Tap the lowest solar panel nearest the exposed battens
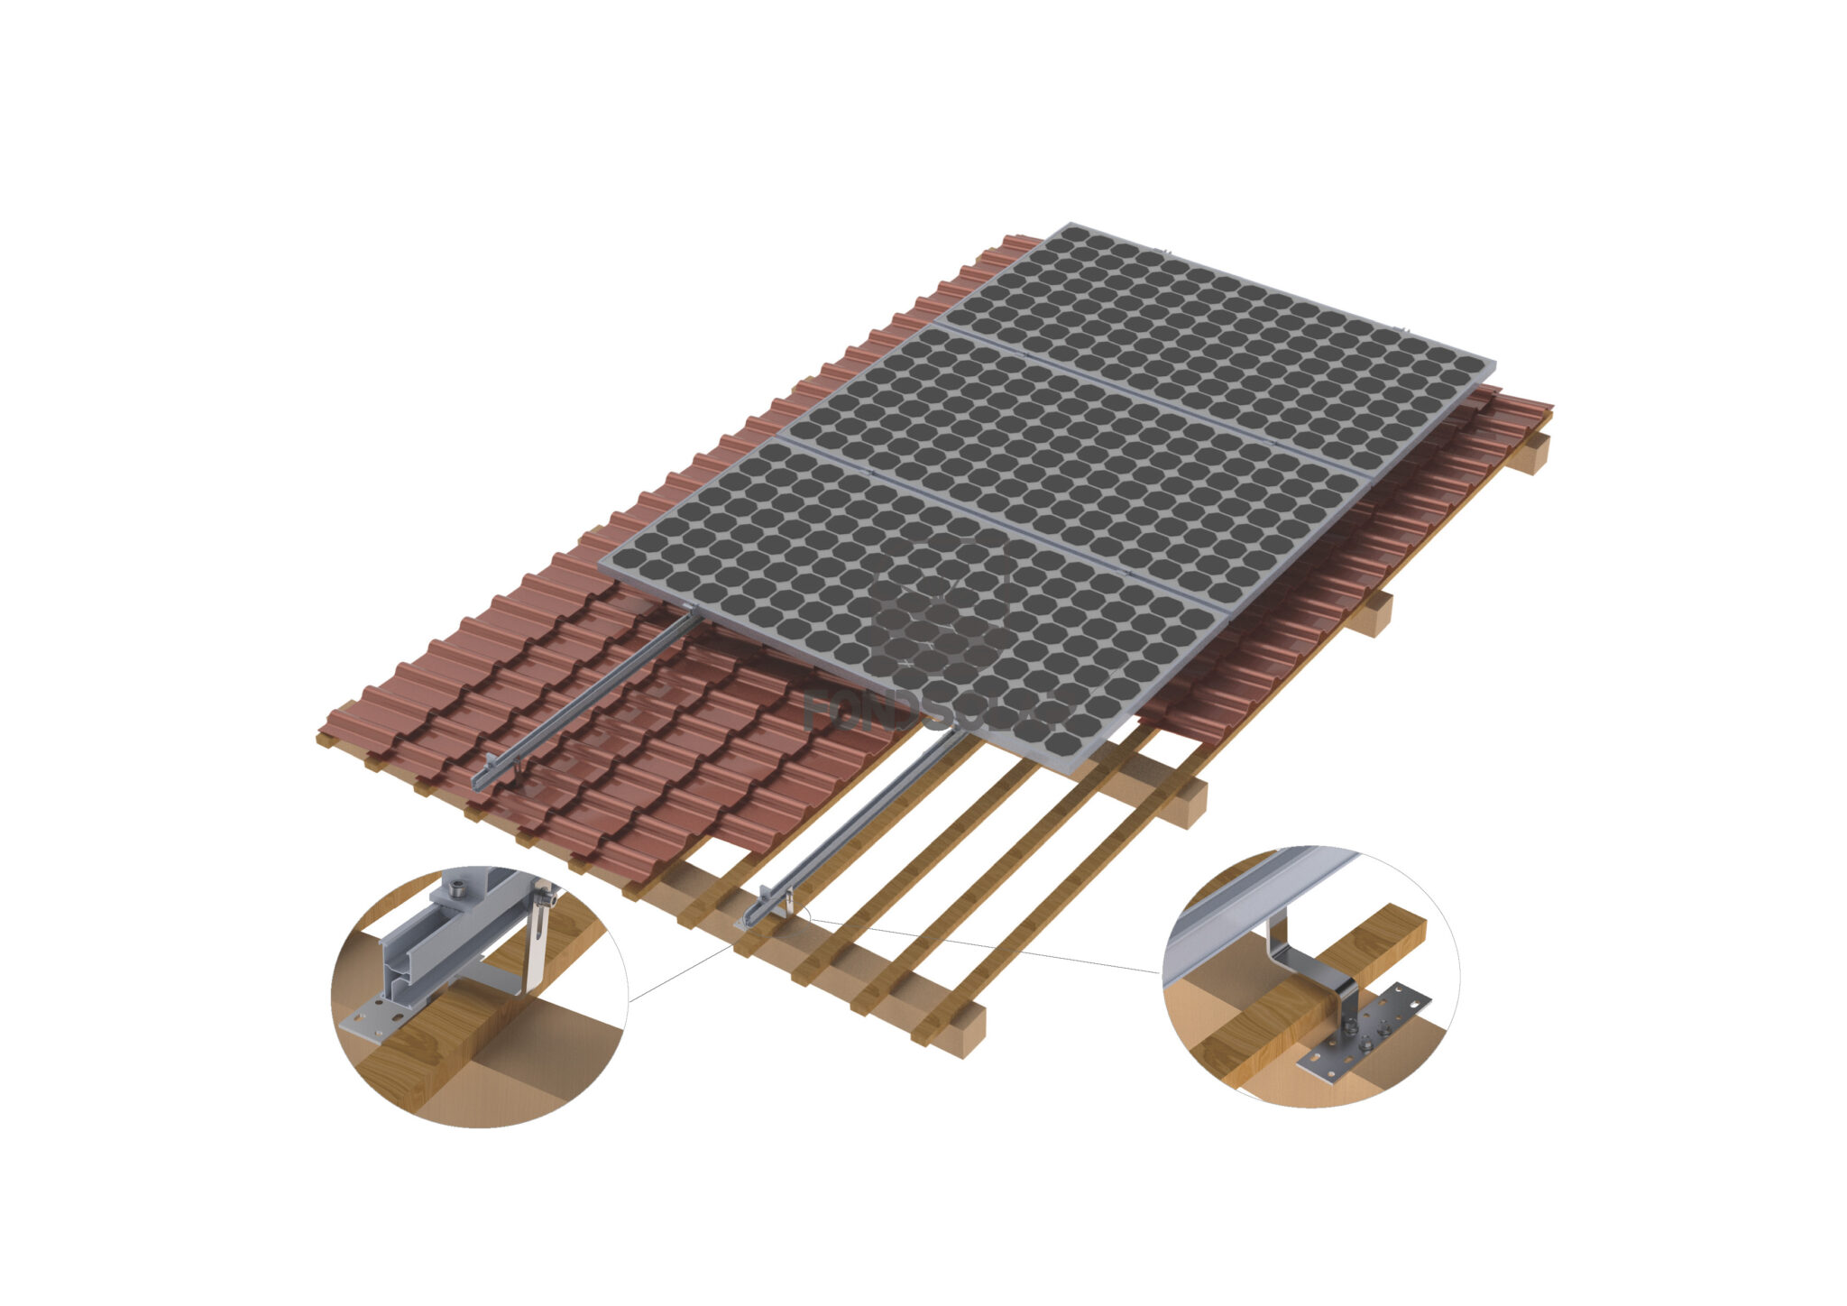pyautogui.click(x=911, y=595)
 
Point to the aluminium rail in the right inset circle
pyautogui.click(x=1254, y=911)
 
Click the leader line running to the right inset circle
pyautogui.click(x=992, y=947)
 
